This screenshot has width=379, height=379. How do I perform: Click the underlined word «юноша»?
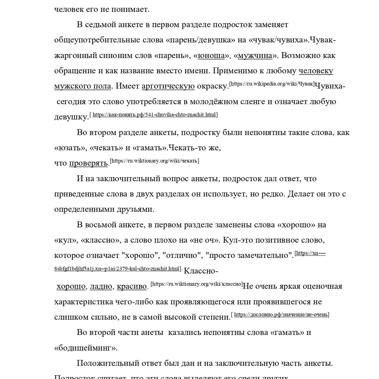211,56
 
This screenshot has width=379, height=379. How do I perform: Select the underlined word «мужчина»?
255,56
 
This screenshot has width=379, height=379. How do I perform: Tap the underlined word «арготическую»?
168,86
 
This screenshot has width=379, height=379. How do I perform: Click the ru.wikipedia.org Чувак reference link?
272,84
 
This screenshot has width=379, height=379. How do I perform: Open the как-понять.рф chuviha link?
154,115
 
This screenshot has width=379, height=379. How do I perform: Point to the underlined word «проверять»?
88,163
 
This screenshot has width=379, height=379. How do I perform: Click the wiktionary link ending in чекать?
154,161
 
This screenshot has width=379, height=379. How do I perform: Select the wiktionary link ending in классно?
197,284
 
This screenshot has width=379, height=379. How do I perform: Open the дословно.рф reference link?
281,314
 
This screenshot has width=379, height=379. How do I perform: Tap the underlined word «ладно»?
101,286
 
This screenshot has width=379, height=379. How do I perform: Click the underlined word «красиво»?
132,286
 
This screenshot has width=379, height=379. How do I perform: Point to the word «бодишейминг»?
86,348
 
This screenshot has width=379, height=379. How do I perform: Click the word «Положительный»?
106,363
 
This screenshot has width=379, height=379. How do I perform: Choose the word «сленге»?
253,102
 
